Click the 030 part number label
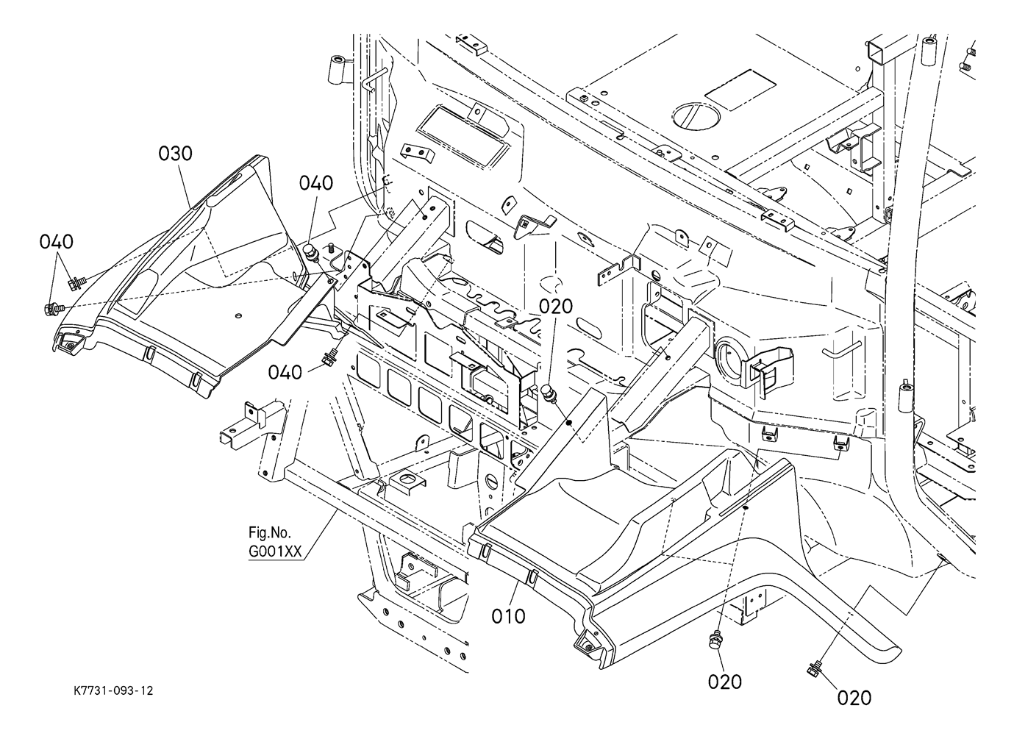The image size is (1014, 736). (176, 153)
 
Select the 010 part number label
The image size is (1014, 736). (509, 615)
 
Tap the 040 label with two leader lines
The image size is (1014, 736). (57, 241)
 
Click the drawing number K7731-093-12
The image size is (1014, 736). (113, 691)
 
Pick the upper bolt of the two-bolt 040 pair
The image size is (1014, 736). (75, 282)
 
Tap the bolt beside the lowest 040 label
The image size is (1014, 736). (328, 359)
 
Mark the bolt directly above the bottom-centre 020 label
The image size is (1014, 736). (714, 641)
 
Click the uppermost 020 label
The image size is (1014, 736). (557, 306)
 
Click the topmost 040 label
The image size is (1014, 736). (315, 183)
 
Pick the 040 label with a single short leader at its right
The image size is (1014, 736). (285, 372)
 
